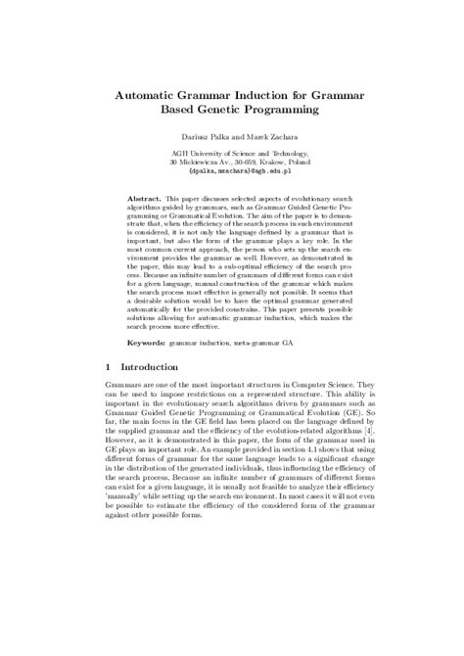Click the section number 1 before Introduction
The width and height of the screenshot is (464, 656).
click(106, 374)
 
